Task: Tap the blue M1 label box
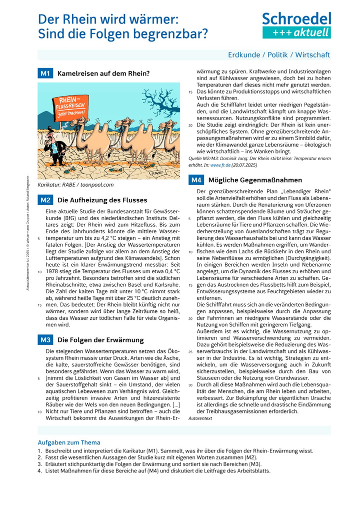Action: (x=45, y=74)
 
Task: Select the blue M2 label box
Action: (x=45, y=200)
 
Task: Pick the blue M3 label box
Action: (x=45, y=340)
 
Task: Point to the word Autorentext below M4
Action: (x=200, y=418)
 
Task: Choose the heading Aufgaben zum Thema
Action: (x=69, y=442)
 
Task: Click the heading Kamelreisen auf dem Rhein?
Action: (x=103, y=74)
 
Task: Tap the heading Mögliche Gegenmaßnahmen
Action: (x=255, y=180)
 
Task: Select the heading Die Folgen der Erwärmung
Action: (x=100, y=340)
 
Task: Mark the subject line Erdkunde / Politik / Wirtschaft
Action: (x=279, y=55)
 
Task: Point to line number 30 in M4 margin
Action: (x=190, y=385)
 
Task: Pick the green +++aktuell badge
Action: (x=296, y=33)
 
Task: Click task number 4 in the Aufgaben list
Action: (x=40, y=471)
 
